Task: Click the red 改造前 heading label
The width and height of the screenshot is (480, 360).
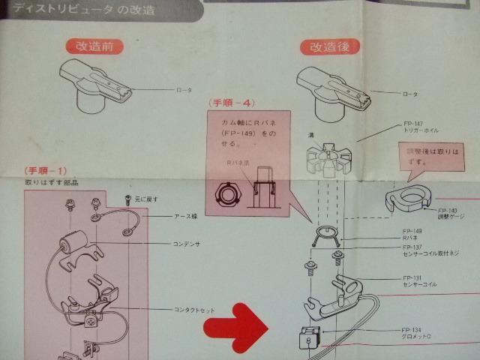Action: click(94, 46)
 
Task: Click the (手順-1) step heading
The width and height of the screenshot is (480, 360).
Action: click(47, 171)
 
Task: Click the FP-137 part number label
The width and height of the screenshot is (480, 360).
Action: click(412, 247)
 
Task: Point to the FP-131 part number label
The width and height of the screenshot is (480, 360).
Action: click(412, 277)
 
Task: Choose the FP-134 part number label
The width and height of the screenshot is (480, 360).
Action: click(412, 328)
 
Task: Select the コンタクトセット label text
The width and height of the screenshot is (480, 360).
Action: click(196, 309)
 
